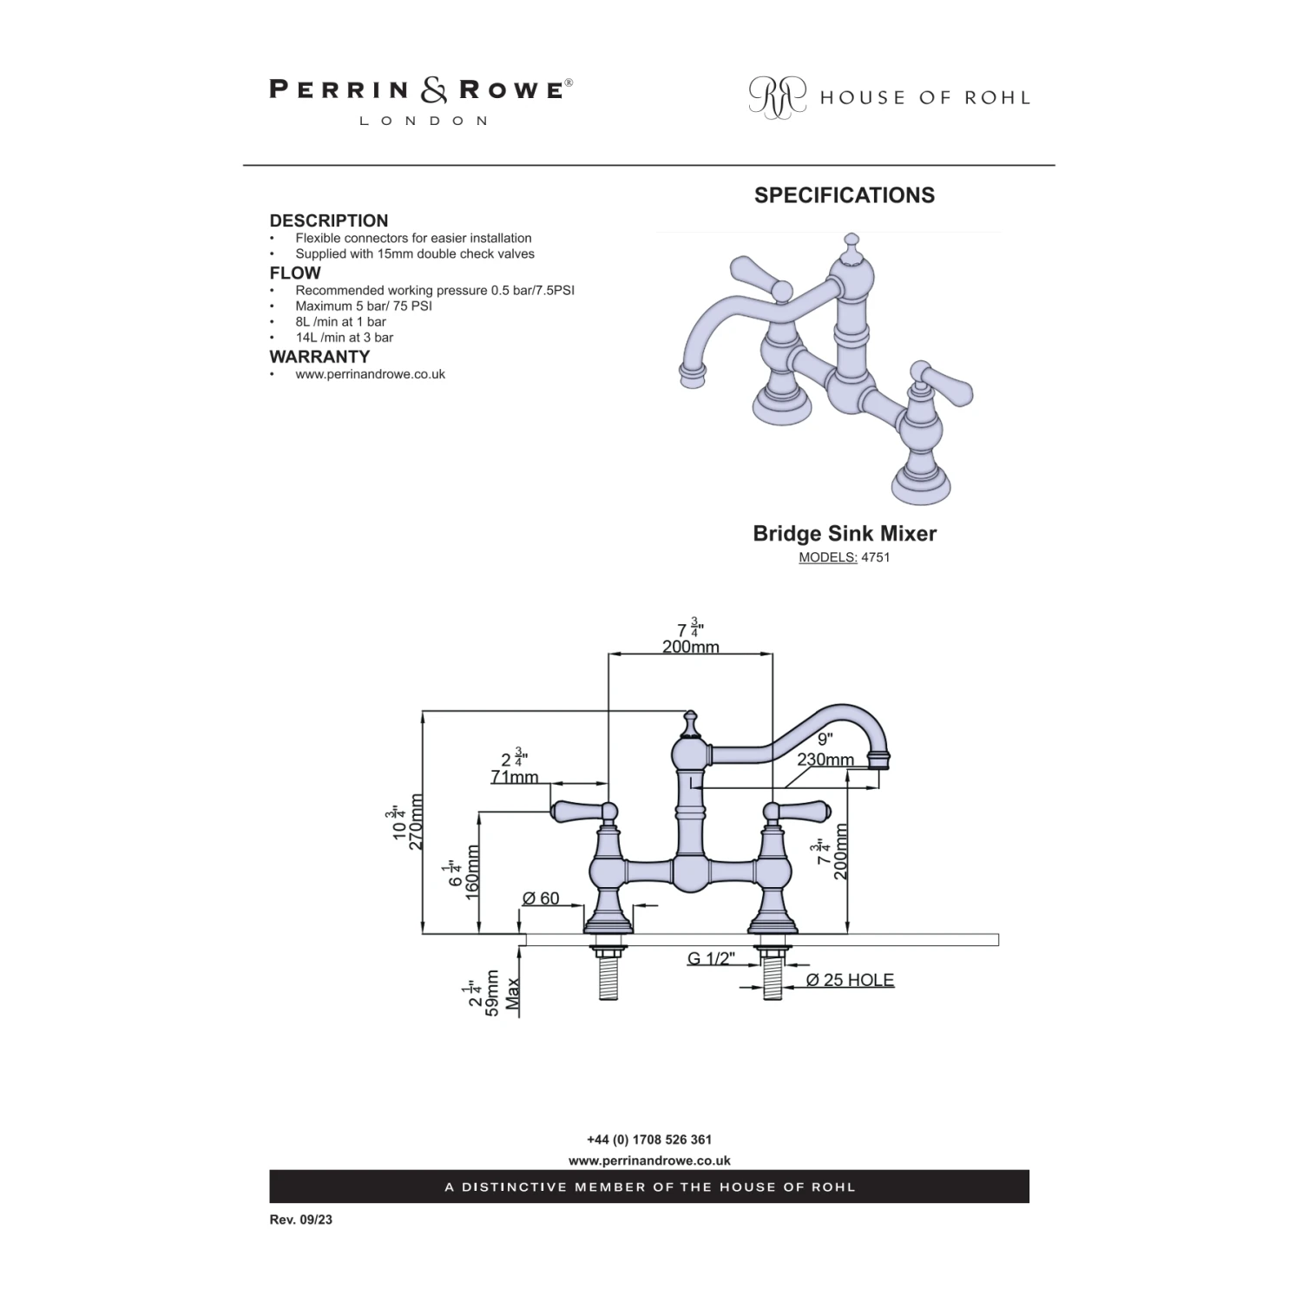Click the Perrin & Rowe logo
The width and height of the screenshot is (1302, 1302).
pos(421,100)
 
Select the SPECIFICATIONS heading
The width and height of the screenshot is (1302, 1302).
pos(844,195)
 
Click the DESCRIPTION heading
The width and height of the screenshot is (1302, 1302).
pos(328,220)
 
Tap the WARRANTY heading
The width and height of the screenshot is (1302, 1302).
pos(319,357)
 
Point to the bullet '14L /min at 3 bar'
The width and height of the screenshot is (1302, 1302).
pos(344,338)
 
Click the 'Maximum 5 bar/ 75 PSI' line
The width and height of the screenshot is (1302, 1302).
pos(363,306)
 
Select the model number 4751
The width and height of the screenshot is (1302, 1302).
pos(875,557)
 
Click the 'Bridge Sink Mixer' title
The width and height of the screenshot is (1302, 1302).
pos(844,533)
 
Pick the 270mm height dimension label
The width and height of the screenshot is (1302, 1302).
pos(416,822)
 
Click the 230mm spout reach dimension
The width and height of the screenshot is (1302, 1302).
pos(825,759)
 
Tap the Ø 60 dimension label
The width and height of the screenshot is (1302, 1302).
pos(541,898)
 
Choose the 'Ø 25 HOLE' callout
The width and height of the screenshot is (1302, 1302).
pos(849,980)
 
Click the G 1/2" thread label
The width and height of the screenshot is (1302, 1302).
pos(711,958)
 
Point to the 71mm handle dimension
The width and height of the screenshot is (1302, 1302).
pos(515,776)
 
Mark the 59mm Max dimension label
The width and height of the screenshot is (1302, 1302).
pos(493,994)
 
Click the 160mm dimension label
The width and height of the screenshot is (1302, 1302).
pos(473,872)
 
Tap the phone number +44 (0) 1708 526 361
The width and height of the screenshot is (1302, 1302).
pos(649,1140)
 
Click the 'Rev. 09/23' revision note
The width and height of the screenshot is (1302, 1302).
pos(300,1220)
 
